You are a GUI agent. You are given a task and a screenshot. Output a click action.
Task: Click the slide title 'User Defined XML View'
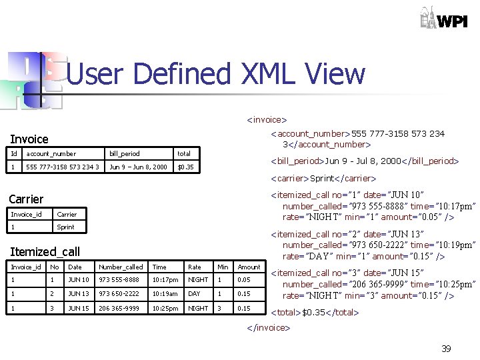coord(216,74)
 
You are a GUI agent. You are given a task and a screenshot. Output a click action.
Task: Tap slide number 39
coord(445,349)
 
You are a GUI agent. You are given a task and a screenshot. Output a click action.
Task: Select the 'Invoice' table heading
coord(29,139)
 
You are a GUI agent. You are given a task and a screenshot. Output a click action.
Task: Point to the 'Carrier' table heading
coord(26,199)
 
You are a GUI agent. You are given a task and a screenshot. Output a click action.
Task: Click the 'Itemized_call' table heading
coord(44,252)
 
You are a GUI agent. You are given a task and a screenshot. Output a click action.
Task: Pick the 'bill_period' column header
coord(125,154)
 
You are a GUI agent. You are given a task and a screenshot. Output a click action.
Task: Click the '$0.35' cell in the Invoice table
coord(185,167)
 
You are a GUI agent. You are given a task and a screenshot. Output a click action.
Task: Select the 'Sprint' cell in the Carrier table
coord(66,227)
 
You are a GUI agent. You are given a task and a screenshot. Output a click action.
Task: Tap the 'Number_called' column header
coord(121,267)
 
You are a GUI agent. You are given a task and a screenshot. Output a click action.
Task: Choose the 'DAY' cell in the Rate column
coord(194,294)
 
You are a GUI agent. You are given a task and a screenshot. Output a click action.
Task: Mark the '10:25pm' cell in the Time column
coord(165,308)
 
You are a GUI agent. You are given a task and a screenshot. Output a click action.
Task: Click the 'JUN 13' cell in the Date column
coord(79,294)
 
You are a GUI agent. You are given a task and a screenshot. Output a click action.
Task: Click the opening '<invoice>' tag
coord(267,120)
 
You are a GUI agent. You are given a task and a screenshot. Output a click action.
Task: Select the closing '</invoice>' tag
coord(269,327)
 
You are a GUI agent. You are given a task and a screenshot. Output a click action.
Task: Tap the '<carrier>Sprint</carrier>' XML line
coord(323,178)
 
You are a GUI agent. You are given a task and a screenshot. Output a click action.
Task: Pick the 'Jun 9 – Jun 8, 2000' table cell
coord(138,167)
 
